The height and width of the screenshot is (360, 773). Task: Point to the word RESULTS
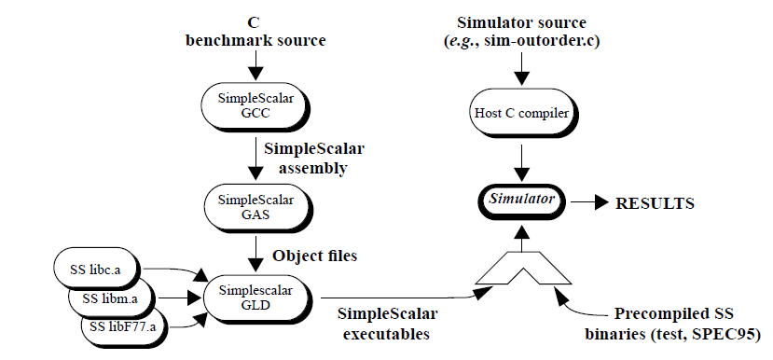click(655, 201)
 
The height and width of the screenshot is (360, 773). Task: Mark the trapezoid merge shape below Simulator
click(522, 268)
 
